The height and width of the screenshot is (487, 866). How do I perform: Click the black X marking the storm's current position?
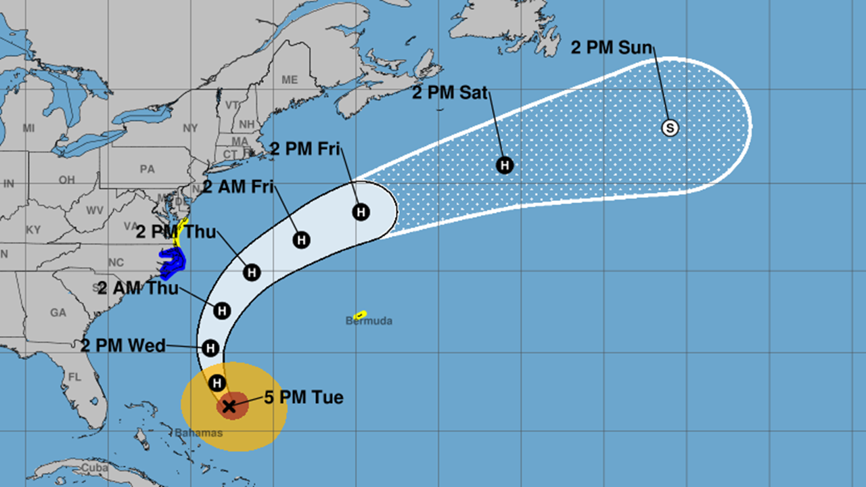229,406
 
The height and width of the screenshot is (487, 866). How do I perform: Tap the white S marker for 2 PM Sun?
670,127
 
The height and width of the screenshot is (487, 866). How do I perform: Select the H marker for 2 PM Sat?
505,164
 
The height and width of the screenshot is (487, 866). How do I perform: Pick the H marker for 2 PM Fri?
361,212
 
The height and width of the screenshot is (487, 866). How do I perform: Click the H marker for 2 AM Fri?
301,239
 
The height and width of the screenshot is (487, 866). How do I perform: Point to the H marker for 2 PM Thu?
252,272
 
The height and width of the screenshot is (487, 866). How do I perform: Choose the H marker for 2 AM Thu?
222,310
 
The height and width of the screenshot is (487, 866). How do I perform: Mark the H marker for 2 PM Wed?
210,348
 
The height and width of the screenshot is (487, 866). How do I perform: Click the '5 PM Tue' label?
303,397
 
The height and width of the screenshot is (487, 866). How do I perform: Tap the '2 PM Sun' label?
612,48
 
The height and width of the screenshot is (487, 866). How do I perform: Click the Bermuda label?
369,321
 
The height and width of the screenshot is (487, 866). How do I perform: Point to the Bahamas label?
198,432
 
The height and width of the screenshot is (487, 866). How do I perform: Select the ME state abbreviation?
290,80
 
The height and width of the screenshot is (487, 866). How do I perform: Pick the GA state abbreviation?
58,312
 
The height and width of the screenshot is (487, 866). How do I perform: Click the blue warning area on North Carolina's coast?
172,262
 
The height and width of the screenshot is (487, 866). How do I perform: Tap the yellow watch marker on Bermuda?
360,314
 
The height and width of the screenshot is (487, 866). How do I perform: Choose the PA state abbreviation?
147,169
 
